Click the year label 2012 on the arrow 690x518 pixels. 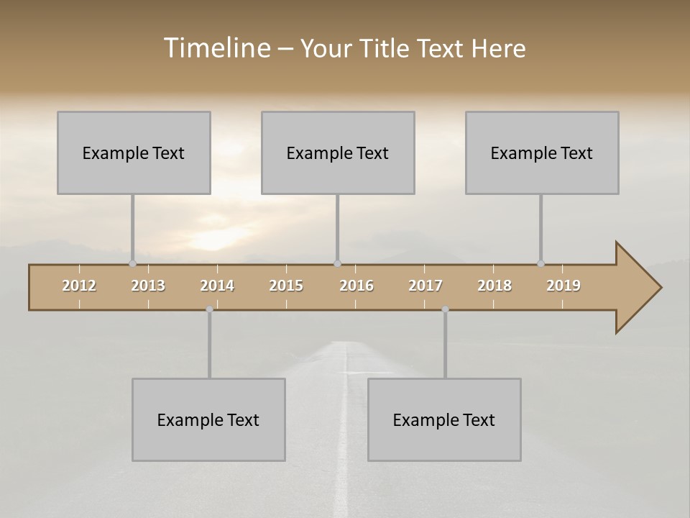click(x=79, y=286)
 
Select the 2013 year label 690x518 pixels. click(x=148, y=286)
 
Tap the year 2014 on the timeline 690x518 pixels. click(x=217, y=286)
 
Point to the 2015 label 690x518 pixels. click(x=286, y=286)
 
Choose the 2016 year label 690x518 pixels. click(x=356, y=286)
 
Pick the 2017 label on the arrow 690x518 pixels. click(x=425, y=286)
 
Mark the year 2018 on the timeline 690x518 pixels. click(x=494, y=286)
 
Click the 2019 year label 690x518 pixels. click(x=563, y=286)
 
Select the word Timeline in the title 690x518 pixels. click(x=216, y=48)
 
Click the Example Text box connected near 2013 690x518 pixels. click(x=134, y=153)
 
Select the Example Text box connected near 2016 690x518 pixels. click(x=338, y=153)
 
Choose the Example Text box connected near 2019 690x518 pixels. click(x=542, y=153)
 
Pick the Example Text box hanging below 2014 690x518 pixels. click(x=208, y=419)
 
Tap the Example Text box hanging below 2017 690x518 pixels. click(x=444, y=419)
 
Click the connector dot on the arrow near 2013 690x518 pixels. click(x=132, y=264)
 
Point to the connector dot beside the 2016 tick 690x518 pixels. click(x=337, y=264)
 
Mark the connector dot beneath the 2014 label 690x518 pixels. click(x=209, y=309)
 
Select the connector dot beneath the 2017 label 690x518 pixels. click(x=445, y=309)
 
